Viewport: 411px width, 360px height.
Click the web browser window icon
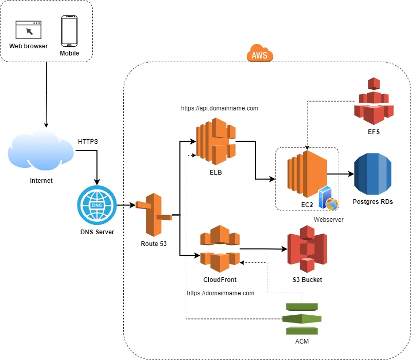pos(29,30)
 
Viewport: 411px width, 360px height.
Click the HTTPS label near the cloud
pos(88,141)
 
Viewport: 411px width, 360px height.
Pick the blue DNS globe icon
pos(97,205)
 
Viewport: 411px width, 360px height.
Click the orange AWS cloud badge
pos(260,54)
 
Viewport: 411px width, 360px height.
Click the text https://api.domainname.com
pos(220,108)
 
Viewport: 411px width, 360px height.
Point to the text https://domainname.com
pos(221,293)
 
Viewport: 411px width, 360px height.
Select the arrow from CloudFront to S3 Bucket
pos(263,250)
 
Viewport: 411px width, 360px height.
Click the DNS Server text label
pos(97,232)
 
